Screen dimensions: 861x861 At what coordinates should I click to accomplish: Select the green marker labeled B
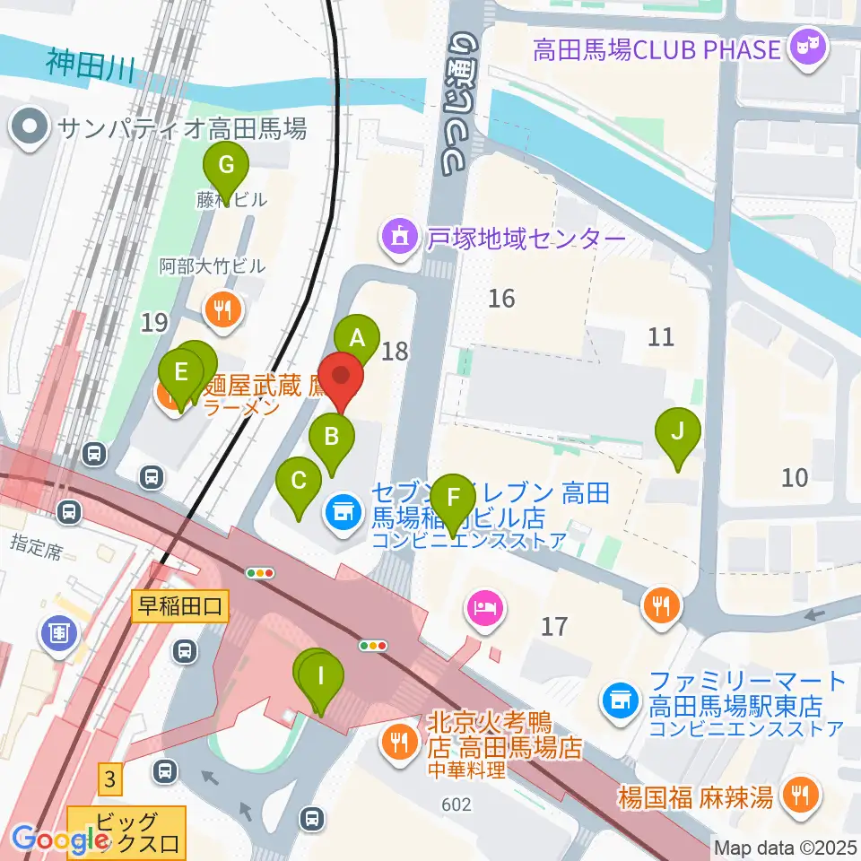click(x=331, y=439)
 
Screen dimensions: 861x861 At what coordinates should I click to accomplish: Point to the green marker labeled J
click(x=679, y=432)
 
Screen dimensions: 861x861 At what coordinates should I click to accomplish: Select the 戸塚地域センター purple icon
click(x=400, y=238)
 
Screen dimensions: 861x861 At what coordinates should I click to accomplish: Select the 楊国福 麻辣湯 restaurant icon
click(x=796, y=793)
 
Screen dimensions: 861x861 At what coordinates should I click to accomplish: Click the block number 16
click(x=501, y=298)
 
